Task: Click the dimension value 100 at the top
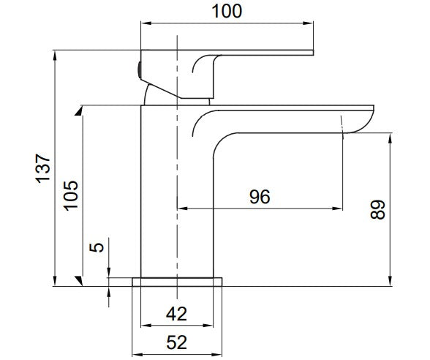pos(227,12)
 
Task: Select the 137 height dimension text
pos(43,168)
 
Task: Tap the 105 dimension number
pos(71,195)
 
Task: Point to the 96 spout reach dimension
pos(260,196)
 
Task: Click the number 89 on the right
pos(377,209)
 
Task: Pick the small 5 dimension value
pos(97,247)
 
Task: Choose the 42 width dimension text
pos(176,314)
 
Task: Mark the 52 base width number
pos(177,342)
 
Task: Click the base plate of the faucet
pos(177,282)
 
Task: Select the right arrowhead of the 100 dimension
pos(308,23)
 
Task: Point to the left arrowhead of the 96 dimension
pos(182,209)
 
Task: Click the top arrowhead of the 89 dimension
pos(390,138)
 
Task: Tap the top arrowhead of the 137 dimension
pos(55,56)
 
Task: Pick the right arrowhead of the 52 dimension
pos(216,355)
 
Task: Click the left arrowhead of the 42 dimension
pos(146,326)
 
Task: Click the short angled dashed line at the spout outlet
pos(342,125)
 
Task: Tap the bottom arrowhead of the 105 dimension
pos(79,281)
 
